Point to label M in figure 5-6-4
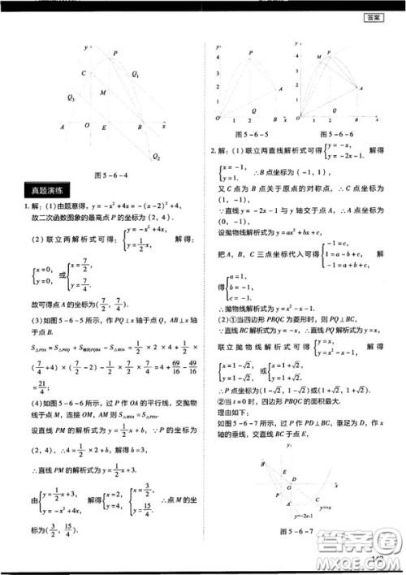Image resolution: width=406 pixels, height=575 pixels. [102, 93]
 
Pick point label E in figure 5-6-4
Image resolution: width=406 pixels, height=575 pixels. [104, 128]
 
